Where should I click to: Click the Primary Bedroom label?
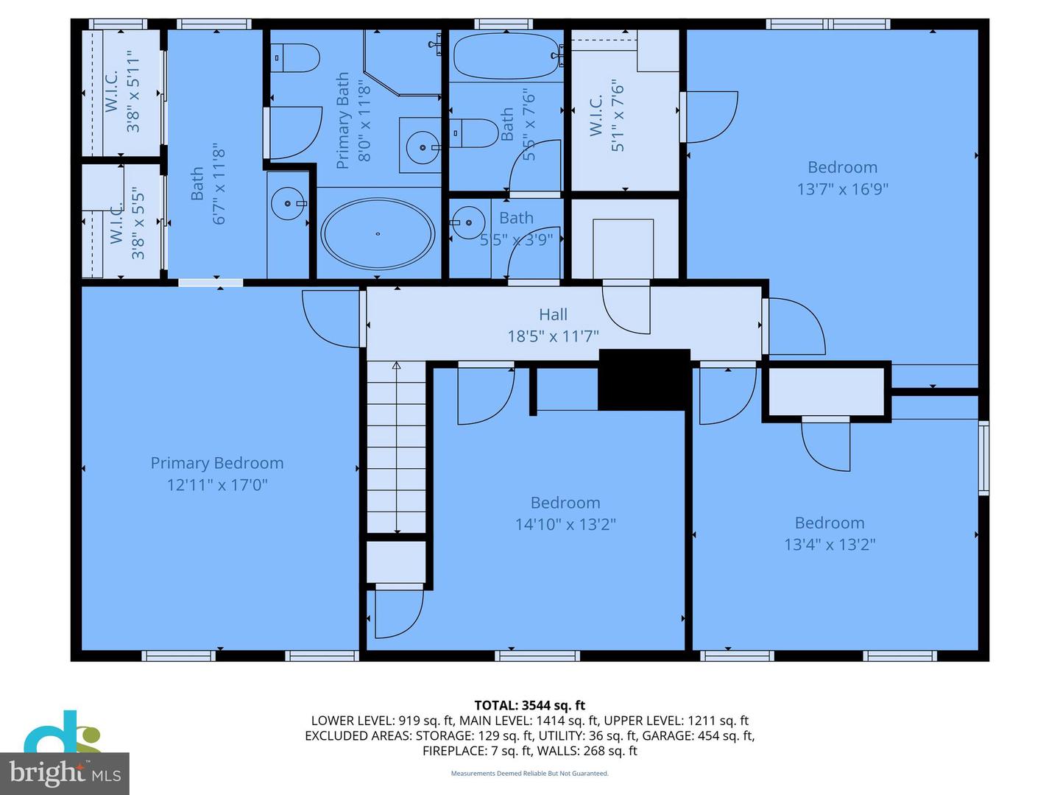click(216, 463)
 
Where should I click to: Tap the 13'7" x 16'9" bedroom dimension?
click(842, 188)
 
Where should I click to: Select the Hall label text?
click(553, 314)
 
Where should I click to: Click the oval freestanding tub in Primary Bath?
click(378, 233)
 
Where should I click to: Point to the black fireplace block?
click(643, 380)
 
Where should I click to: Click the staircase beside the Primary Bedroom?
click(396, 448)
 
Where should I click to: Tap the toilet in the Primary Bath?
click(295, 57)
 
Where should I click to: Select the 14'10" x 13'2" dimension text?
click(565, 524)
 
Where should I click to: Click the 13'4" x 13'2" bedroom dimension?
click(829, 545)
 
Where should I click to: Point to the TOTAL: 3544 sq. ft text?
click(529, 705)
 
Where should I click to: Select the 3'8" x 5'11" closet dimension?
click(133, 91)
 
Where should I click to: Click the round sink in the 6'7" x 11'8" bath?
click(287, 203)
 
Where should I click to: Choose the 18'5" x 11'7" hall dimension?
click(553, 336)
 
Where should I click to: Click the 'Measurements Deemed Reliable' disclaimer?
click(529, 774)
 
